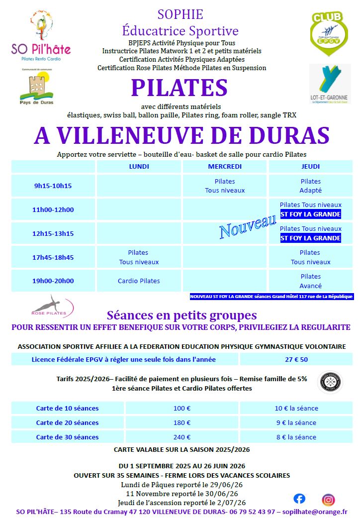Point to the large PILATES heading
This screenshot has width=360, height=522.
tap(180, 88)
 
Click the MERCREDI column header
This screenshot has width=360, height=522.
tap(225, 166)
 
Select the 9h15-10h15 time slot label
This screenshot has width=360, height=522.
tap(53, 186)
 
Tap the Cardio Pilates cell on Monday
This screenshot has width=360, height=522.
tap(139, 281)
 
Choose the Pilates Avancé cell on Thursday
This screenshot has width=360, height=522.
tap(310, 281)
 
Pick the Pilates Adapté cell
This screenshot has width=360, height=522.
tap(310, 186)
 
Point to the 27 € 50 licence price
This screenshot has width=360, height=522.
tap(296, 359)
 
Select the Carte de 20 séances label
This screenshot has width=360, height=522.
tap(67, 422)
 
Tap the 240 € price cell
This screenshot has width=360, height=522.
tap(181, 437)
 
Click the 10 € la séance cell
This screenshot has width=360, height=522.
tap(296, 408)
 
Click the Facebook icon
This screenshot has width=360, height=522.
tap(299, 498)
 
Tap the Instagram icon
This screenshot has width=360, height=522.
tap(328, 499)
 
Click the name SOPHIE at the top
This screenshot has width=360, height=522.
tap(180, 14)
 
